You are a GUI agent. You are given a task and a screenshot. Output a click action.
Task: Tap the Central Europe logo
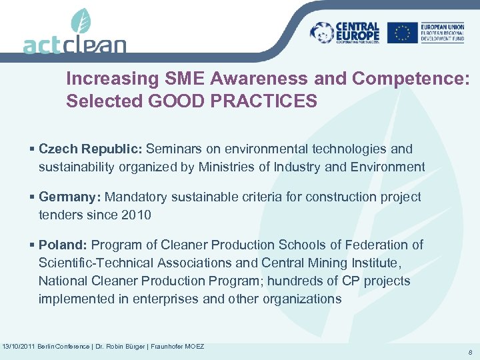coord(345,32)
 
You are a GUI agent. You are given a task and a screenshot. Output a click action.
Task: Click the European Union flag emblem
coord(402,32)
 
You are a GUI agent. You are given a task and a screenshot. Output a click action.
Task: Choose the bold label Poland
coord(65,245)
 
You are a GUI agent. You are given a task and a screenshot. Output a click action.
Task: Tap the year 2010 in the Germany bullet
coord(137,215)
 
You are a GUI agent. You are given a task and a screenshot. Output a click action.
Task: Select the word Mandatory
coord(135,197)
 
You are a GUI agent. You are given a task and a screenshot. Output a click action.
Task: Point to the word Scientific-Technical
coord(95,263)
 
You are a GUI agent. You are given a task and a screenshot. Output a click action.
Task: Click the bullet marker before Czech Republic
coord(33,149)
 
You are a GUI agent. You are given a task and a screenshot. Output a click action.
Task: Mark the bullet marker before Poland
coord(33,245)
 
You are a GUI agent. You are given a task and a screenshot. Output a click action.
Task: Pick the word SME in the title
coord(184,79)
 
